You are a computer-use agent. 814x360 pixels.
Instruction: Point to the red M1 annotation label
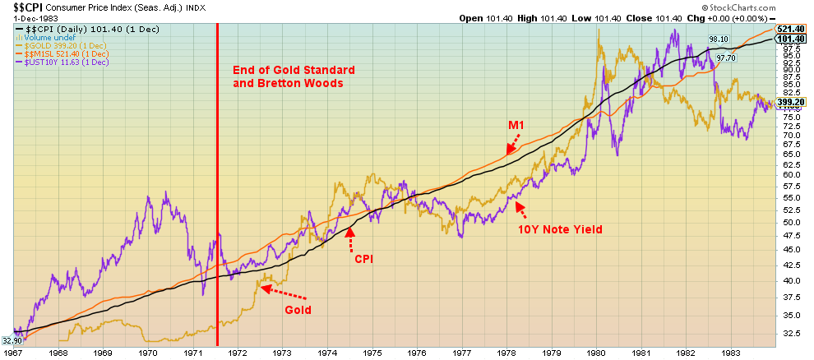pos(516,125)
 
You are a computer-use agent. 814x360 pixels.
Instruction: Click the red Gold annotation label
pos(298,311)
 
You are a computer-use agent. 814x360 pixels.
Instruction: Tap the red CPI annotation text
pos(364,259)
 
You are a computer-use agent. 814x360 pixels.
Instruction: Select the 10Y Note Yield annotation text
pos(560,229)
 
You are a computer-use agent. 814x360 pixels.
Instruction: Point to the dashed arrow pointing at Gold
pos(284,292)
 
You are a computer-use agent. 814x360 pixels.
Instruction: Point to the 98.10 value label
pos(719,39)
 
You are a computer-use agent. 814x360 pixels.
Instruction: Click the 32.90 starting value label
pos(12,339)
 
